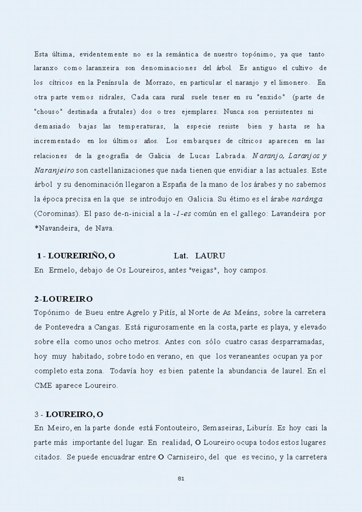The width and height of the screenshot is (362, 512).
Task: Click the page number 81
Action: point(181,478)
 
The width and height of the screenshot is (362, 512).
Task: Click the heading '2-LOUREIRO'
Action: point(63,299)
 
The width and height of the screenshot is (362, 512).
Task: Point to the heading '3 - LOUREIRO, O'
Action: point(69,414)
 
